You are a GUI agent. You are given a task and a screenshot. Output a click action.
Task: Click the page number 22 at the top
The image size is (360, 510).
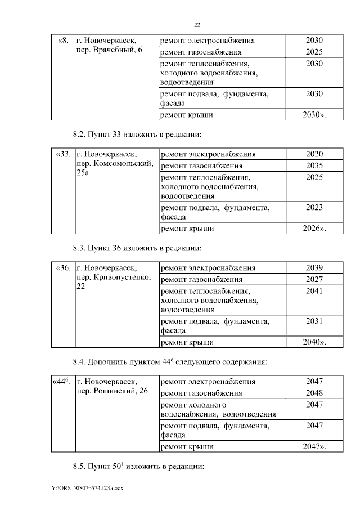(197, 25)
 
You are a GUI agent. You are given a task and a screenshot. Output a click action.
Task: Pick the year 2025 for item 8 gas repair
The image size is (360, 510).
(314, 52)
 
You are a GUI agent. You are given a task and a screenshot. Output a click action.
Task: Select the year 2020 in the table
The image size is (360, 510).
(314, 154)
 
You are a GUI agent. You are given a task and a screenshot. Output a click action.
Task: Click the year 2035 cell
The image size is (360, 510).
(314, 165)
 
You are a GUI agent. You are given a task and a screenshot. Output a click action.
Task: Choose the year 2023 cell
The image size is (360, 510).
(314, 208)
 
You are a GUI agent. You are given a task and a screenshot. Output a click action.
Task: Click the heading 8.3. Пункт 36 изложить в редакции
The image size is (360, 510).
(137, 248)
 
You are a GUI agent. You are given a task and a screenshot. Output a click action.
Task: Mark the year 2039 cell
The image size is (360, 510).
(314, 267)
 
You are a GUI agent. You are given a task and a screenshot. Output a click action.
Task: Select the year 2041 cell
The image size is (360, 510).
(314, 290)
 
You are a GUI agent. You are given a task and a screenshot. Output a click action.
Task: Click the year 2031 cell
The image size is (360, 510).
(314, 321)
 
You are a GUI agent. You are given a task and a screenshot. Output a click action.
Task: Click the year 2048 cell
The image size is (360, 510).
(314, 392)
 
